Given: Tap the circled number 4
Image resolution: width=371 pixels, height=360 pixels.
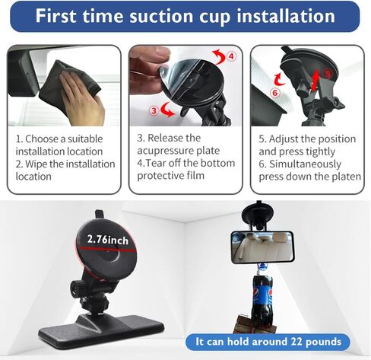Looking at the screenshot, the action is (231, 56).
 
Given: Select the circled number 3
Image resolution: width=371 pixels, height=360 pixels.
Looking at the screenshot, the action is (154, 110).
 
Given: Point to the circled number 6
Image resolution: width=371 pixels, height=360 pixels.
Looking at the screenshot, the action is (275, 93).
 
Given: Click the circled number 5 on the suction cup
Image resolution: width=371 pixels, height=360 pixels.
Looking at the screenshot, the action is (328, 74).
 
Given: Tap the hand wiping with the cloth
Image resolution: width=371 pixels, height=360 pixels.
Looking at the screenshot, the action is (82, 97).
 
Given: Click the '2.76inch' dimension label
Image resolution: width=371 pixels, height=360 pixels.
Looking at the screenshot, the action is (108, 240).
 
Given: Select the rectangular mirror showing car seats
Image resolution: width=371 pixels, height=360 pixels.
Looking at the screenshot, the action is (262, 247).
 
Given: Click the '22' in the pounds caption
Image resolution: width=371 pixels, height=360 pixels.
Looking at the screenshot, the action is (296, 342).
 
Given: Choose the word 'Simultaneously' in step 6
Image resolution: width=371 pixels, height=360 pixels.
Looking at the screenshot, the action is (305, 164).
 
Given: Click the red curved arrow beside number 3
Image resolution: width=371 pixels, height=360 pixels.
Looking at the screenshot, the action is (167, 110).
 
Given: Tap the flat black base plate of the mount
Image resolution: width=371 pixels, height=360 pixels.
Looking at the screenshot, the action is (101, 330).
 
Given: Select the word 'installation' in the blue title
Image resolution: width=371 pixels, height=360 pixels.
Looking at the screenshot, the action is (286, 16).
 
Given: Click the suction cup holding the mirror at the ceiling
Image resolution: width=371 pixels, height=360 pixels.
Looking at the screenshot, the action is (258, 214).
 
